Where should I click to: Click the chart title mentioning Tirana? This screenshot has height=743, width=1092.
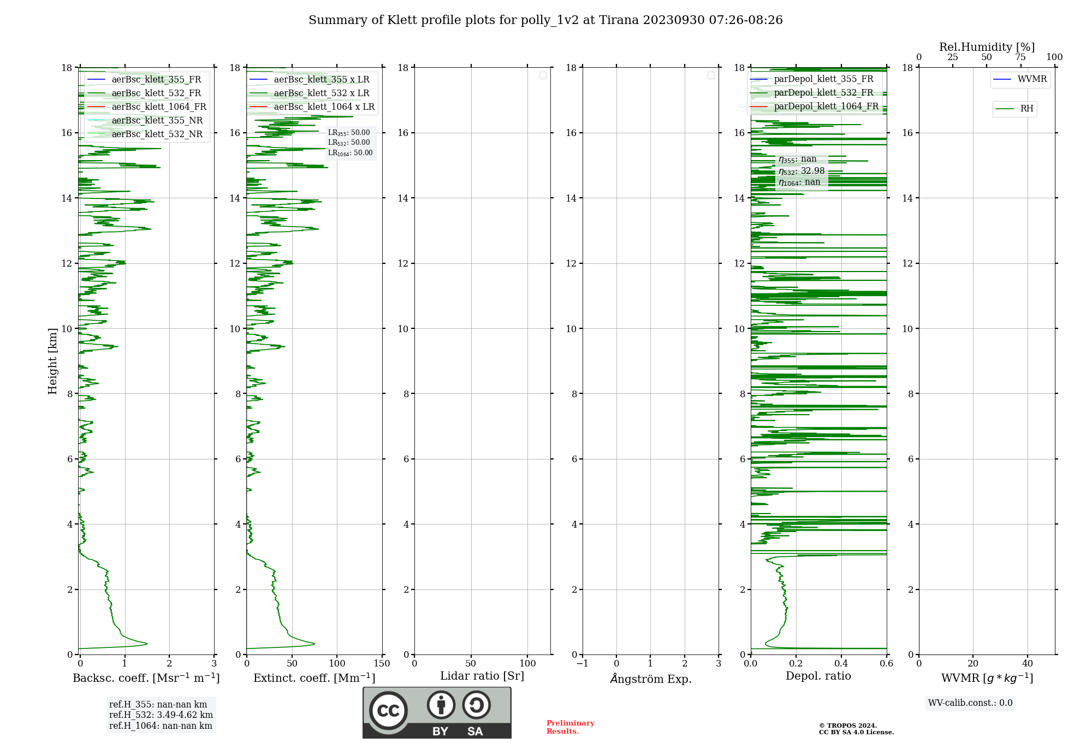click(x=545, y=20)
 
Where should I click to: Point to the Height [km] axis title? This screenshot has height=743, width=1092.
click(x=52, y=361)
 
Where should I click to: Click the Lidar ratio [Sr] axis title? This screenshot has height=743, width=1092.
click(x=482, y=676)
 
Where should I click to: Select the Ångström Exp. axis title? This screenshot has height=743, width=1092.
click(x=650, y=679)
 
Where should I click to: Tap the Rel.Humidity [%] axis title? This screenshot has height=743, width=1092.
click(x=987, y=47)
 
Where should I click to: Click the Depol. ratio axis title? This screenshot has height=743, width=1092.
click(x=818, y=676)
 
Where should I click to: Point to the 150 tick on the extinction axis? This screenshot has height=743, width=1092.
click(x=382, y=664)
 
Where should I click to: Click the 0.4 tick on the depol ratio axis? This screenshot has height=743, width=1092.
click(x=841, y=664)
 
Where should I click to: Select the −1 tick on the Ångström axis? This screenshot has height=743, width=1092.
click(x=583, y=664)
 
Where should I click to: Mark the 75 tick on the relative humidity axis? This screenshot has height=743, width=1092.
click(x=1020, y=57)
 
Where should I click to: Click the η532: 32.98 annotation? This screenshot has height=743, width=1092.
click(x=802, y=171)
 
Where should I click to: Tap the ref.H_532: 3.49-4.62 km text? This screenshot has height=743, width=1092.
click(x=161, y=715)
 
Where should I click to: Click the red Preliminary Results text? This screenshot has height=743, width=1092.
click(x=570, y=727)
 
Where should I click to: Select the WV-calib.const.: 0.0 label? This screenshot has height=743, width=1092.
click(x=970, y=703)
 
